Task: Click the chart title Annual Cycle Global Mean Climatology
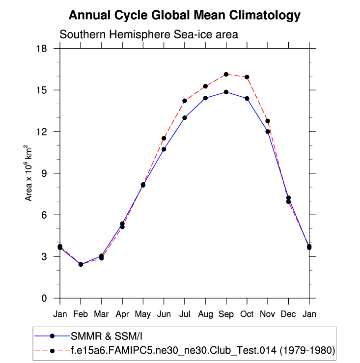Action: (184, 16)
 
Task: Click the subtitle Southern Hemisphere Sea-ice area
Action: (148, 35)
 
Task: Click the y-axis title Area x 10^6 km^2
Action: (29, 173)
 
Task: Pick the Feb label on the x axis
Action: (81, 314)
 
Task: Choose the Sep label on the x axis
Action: (226, 314)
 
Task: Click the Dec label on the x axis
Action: (288, 314)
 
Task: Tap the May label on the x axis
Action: (143, 314)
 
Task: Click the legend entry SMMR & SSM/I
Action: (108, 336)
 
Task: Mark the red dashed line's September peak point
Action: (226, 74)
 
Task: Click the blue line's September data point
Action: (226, 92)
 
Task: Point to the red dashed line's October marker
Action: (247, 77)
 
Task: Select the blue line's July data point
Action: (185, 118)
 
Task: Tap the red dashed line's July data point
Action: (185, 101)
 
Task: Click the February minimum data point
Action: (81, 264)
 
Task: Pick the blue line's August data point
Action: (205, 98)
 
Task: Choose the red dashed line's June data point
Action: (164, 138)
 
